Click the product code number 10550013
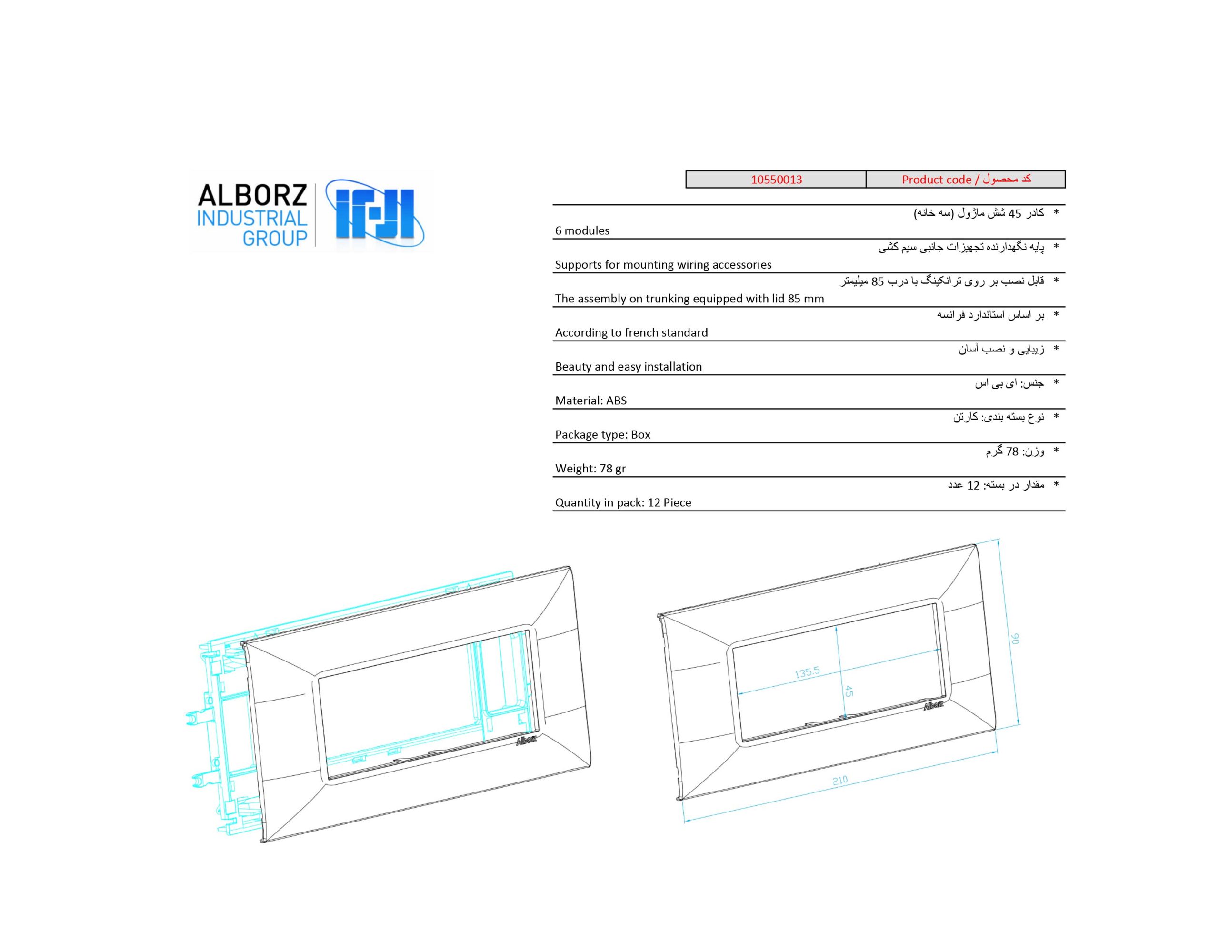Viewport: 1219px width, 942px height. (x=776, y=179)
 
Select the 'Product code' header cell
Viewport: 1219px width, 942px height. (x=965, y=179)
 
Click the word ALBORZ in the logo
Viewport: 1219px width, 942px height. (x=252, y=195)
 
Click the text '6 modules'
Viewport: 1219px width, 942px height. (x=582, y=230)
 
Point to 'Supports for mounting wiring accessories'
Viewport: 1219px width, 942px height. (x=663, y=265)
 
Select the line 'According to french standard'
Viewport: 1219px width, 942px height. (x=631, y=333)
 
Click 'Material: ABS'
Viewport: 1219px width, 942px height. (x=590, y=401)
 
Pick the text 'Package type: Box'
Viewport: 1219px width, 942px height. (x=603, y=434)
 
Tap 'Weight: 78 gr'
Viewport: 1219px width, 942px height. (x=590, y=469)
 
